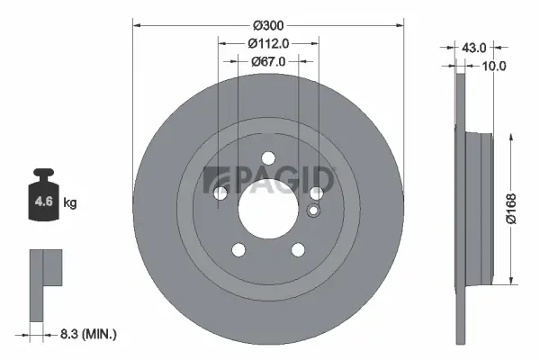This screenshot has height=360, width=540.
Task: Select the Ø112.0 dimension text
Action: [x=267, y=41]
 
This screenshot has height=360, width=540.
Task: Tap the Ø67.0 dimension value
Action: [x=267, y=61]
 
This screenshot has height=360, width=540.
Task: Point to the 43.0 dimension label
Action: [x=473, y=47]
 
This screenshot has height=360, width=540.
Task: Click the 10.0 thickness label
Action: [x=494, y=66]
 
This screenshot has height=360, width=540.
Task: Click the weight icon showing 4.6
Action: [x=43, y=199]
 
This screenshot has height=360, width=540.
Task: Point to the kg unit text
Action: [x=69, y=203]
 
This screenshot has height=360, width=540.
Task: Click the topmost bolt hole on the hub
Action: [x=267, y=158]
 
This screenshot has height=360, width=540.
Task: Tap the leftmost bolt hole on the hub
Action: [x=220, y=193]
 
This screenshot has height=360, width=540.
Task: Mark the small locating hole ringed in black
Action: [x=313, y=211]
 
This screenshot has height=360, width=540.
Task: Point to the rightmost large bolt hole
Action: [x=316, y=193]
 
